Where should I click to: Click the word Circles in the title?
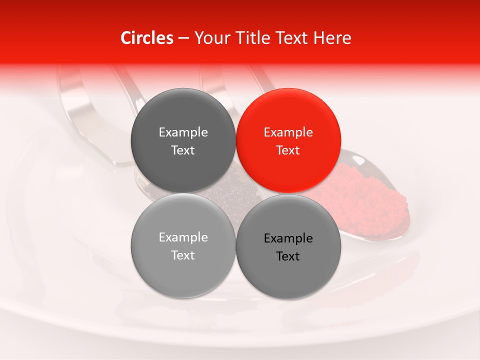pyautogui.click(x=147, y=38)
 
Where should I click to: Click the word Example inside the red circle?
pyautogui.click(x=288, y=132)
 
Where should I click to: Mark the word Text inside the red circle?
pyautogui.click(x=288, y=150)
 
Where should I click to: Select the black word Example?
pyautogui.click(x=288, y=238)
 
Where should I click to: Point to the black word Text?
pyautogui.click(x=288, y=256)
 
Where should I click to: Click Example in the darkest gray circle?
pyautogui.click(x=183, y=132)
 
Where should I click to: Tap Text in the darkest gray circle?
pyautogui.click(x=183, y=150)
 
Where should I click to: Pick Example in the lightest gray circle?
pyautogui.click(x=183, y=237)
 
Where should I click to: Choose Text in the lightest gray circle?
pyautogui.click(x=183, y=255)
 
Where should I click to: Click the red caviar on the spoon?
pyautogui.click(x=370, y=200)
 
